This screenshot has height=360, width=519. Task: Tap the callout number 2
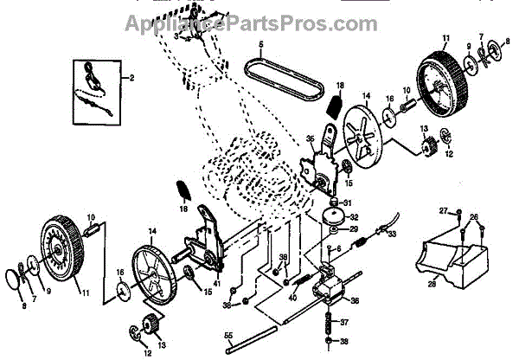132,79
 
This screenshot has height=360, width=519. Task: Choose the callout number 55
227,334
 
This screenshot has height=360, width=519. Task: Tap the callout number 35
311,138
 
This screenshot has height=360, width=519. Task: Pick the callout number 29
354,229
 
